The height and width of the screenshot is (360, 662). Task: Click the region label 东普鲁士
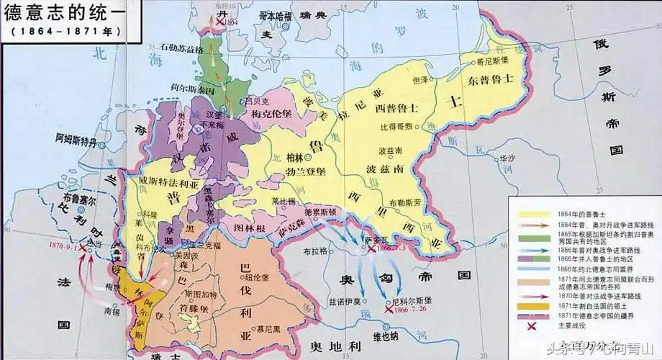click(x=488, y=78)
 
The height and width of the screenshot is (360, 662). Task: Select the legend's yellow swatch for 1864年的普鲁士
click(x=530, y=215)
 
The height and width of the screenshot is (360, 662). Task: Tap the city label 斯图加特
click(x=209, y=294)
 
